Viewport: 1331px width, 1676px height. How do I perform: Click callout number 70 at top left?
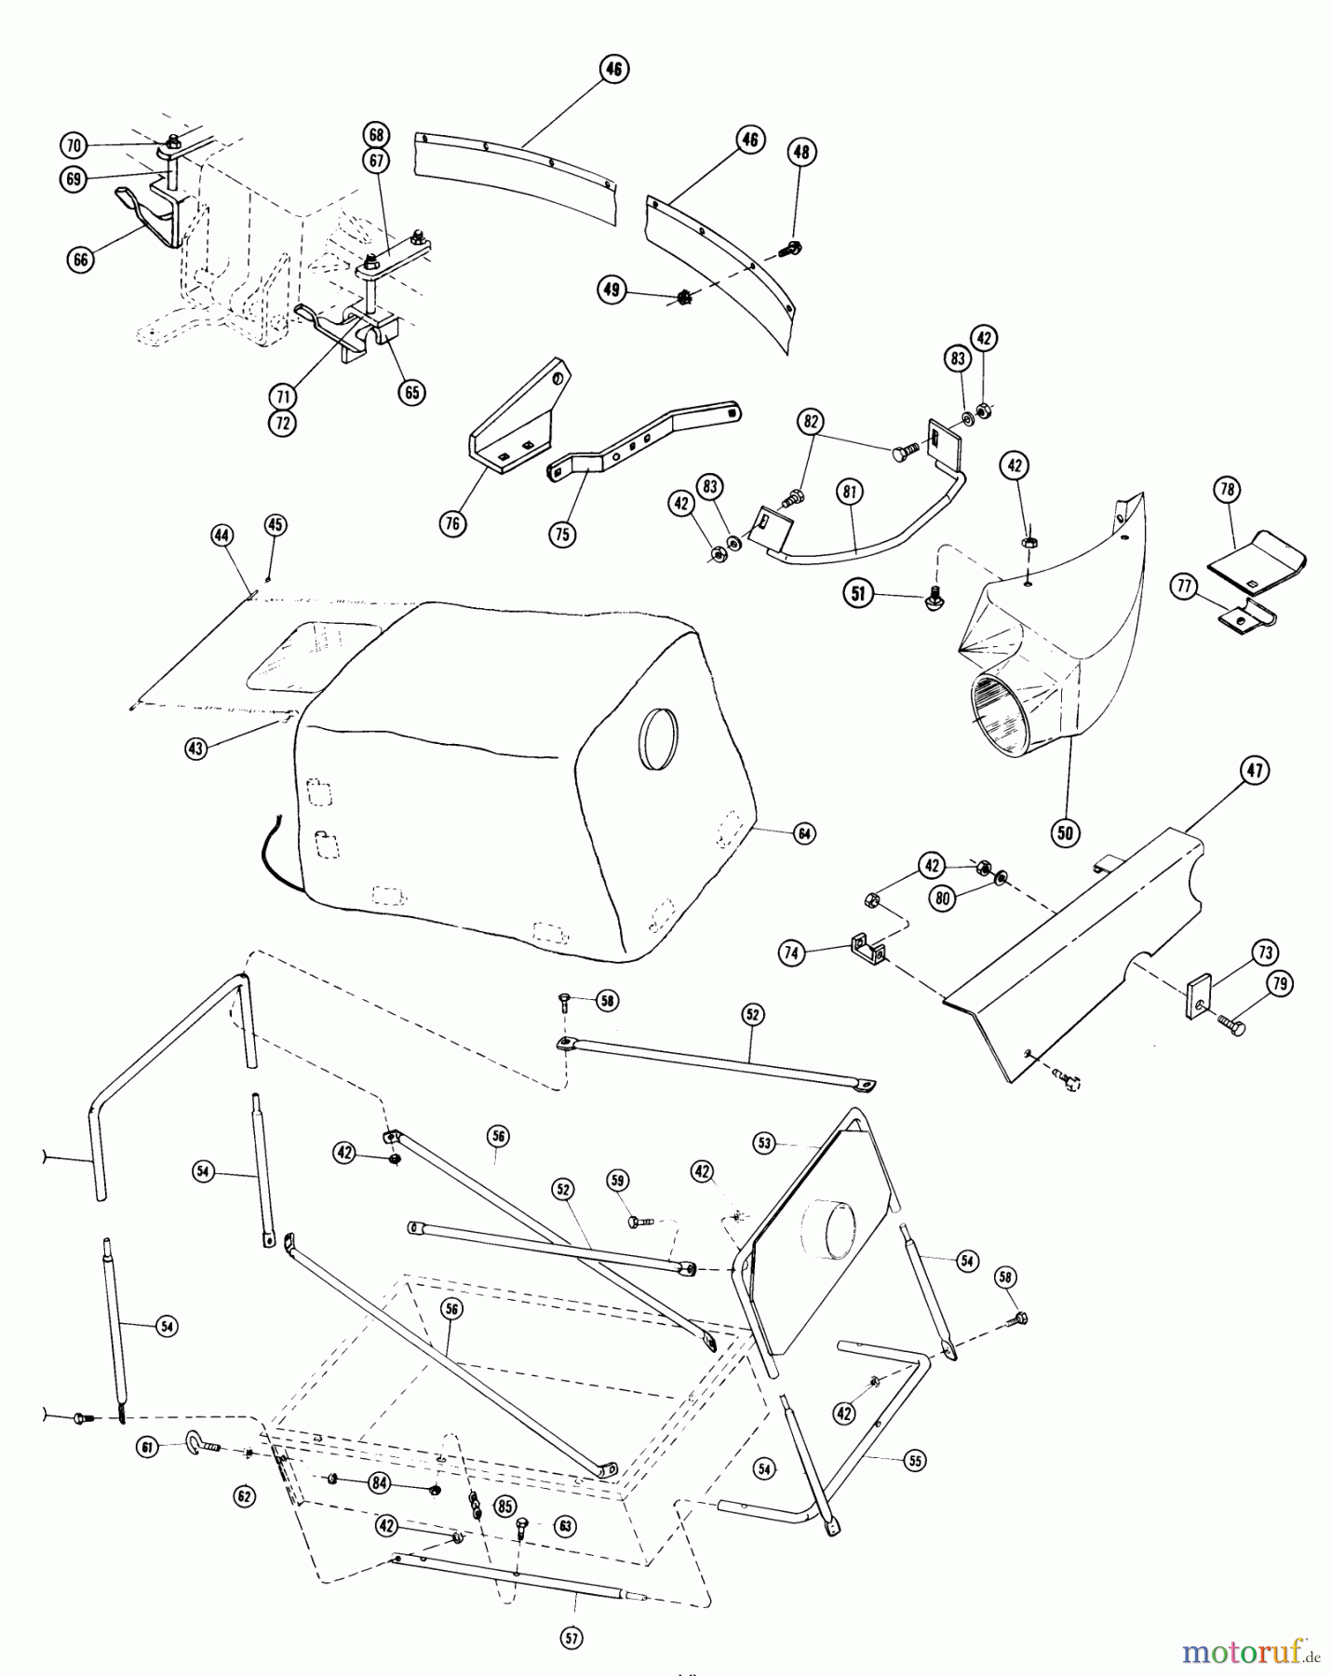coord(74,146)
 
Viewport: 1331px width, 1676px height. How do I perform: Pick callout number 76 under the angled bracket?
coord(452,524)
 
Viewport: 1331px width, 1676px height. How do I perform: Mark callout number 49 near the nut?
coord(611,290)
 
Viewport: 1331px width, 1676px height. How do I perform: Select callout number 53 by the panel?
coord(764,1142)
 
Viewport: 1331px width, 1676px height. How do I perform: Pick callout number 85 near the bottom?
coord(504,1505)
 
